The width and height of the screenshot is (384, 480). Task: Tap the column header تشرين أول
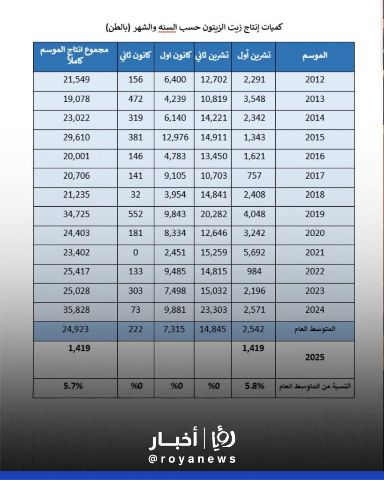[x=254, y=55]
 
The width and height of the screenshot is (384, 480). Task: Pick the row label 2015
[x=315, y=137]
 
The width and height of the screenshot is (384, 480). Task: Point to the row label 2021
[x=315, y=253]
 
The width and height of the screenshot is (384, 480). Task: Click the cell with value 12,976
[x=173, y=137]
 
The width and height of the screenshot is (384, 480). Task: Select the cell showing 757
[x=254, y=176]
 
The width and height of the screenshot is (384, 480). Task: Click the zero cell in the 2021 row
[x=136, y=253]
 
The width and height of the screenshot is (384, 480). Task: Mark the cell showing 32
[x=136, y=195]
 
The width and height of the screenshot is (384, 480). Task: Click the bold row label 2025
[x=315, y=357]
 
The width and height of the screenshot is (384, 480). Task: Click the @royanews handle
[x=192, y=459]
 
